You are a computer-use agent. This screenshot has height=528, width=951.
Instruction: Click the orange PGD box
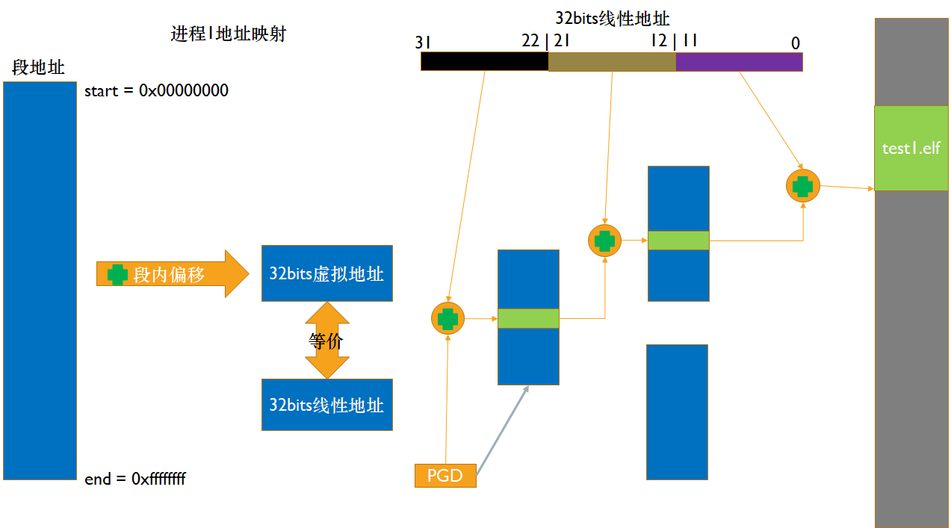coord(445,476)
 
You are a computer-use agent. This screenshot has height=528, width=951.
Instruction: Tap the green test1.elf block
coord(911,148)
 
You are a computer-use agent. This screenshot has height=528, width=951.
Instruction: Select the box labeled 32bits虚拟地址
coord(326,273)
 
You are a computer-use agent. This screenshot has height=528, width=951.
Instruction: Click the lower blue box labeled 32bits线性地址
coord(326,405)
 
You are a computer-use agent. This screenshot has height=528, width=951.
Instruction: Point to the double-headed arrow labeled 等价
coord(327,341)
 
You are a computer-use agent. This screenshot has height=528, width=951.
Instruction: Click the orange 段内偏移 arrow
coord(171,274)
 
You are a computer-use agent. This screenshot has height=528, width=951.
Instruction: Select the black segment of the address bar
coord(484,61)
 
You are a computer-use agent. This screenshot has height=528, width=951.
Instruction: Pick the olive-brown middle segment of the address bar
coord(612,61)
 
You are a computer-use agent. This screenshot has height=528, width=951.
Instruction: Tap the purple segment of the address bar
coord(739,61)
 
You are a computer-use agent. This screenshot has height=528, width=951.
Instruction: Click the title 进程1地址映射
coord(228,34)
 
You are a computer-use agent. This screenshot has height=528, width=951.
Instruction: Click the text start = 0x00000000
coord(156,91)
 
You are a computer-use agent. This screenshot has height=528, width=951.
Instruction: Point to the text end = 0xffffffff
coord(135,479)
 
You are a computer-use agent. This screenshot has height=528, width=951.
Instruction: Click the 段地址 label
coord(38,67)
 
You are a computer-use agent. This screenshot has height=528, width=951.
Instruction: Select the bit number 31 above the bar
coord(423,43)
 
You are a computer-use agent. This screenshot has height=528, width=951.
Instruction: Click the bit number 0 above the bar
coord(796,43)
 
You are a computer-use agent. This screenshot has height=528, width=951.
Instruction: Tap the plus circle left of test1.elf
coord(803,185)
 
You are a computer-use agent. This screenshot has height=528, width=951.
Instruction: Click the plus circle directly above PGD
coord(447,319)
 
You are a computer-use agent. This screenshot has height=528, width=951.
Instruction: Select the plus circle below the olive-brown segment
coord(604,240)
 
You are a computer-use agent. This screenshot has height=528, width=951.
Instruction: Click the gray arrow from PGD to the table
coord(502,430)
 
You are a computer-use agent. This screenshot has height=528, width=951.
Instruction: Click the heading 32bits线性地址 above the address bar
coord(612,19)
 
